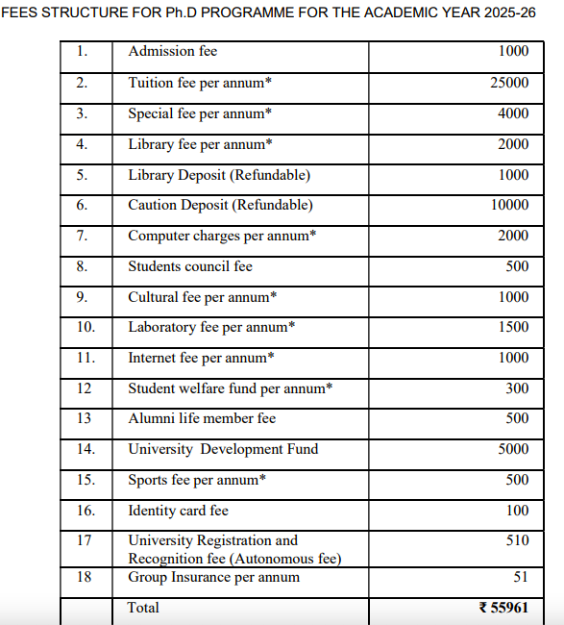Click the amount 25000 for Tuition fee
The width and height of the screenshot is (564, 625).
click(509, 83)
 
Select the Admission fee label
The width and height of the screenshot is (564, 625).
click(173, 51)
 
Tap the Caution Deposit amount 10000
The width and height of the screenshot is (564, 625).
click(509, 205)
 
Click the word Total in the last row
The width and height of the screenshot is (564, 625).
click(144, 608)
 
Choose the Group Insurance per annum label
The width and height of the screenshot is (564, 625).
click(213, 577)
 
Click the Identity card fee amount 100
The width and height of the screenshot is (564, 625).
click(517, 511)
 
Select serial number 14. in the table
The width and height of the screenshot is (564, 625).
click(86, 449)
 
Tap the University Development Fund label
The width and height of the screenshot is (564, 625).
click(223, 449)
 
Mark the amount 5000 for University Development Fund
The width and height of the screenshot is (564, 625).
click(513, 449)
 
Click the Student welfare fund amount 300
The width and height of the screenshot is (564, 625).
click(517, 388)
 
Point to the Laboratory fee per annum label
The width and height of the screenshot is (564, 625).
click(211, 327)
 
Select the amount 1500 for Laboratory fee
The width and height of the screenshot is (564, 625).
click(513, 327)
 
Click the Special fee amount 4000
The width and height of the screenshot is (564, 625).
click(513, 113)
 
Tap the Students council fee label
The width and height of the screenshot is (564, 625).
click(190, 266)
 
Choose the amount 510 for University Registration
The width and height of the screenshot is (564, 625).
click(517, 540)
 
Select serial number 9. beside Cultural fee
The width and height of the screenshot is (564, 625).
click(82, 297)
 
